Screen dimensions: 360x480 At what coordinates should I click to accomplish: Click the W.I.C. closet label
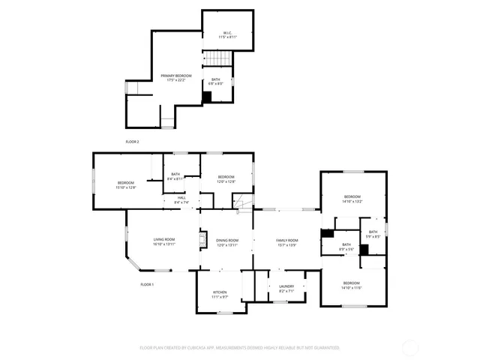coord(227,34)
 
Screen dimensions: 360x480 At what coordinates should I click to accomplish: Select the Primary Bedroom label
coord(176,78)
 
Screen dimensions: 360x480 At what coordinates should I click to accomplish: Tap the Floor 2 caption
coord(132,141)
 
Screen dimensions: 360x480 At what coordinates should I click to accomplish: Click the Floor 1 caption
coord(147,284)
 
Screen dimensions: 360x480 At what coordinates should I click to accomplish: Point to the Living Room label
coord(163,241)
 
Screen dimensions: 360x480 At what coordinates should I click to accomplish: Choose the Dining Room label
coord(226,242)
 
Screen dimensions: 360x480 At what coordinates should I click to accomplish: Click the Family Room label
coord(286,242)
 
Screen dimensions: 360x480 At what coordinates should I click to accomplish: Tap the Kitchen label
coord(220,294)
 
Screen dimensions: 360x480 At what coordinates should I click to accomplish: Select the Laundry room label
coord(286,287)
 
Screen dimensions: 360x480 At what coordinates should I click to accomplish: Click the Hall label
coord(181,199)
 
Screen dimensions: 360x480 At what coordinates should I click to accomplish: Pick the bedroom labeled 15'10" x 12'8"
coord(126,185)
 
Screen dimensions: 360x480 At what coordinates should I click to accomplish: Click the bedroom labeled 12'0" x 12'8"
coord(226,179)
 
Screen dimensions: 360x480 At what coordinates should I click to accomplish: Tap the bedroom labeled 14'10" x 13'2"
coord(352,199)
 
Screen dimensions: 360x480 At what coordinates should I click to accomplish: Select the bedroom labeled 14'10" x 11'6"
coord(352,285)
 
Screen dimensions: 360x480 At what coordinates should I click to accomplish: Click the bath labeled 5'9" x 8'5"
coord(372,234)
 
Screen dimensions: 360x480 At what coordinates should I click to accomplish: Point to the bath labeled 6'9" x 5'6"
coord(346,246)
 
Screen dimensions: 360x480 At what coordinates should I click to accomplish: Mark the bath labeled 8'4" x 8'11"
coord(175,176)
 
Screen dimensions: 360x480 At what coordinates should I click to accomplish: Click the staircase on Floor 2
coord(217,59)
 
